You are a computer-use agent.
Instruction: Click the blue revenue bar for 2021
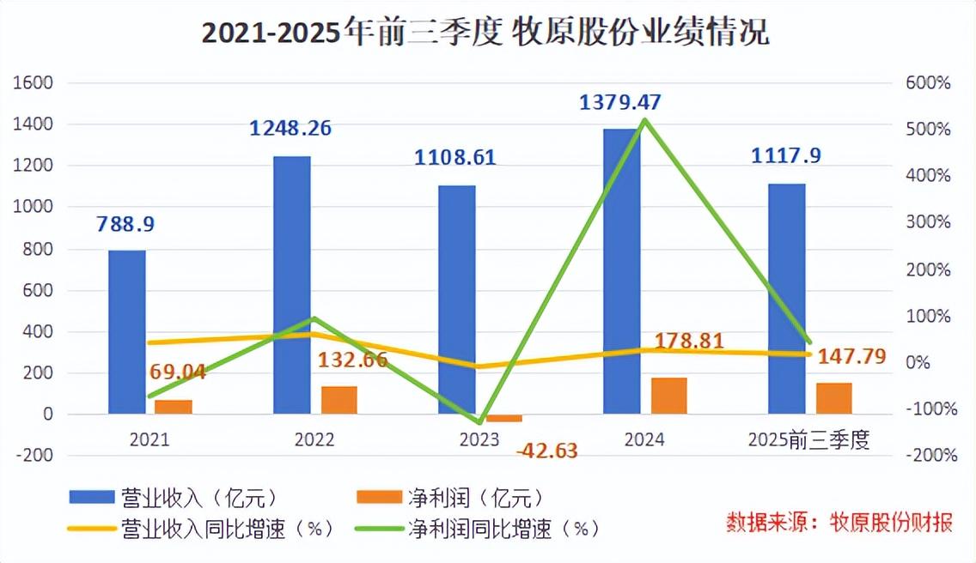click(x=127, y=332)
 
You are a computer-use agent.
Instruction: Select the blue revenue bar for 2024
click(x=622, y=271)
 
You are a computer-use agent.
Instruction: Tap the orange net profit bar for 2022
click(x=339, y=400)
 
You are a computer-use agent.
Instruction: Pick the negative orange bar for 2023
click(x=503, y=419)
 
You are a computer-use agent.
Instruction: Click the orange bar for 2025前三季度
click(x=833, y=398)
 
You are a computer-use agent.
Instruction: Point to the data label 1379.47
click(x=620, y=103)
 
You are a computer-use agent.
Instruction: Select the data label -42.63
click(x=546, y=450)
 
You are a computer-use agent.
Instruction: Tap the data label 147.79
click(x=851, y=355)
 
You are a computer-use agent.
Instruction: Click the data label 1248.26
click(x=290, y=129)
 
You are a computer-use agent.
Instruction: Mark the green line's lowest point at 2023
click(x=479, y=422)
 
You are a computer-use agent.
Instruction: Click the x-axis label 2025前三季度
click(x=808, y=440)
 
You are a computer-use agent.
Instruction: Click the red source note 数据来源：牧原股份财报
click(x=840, y=521)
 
